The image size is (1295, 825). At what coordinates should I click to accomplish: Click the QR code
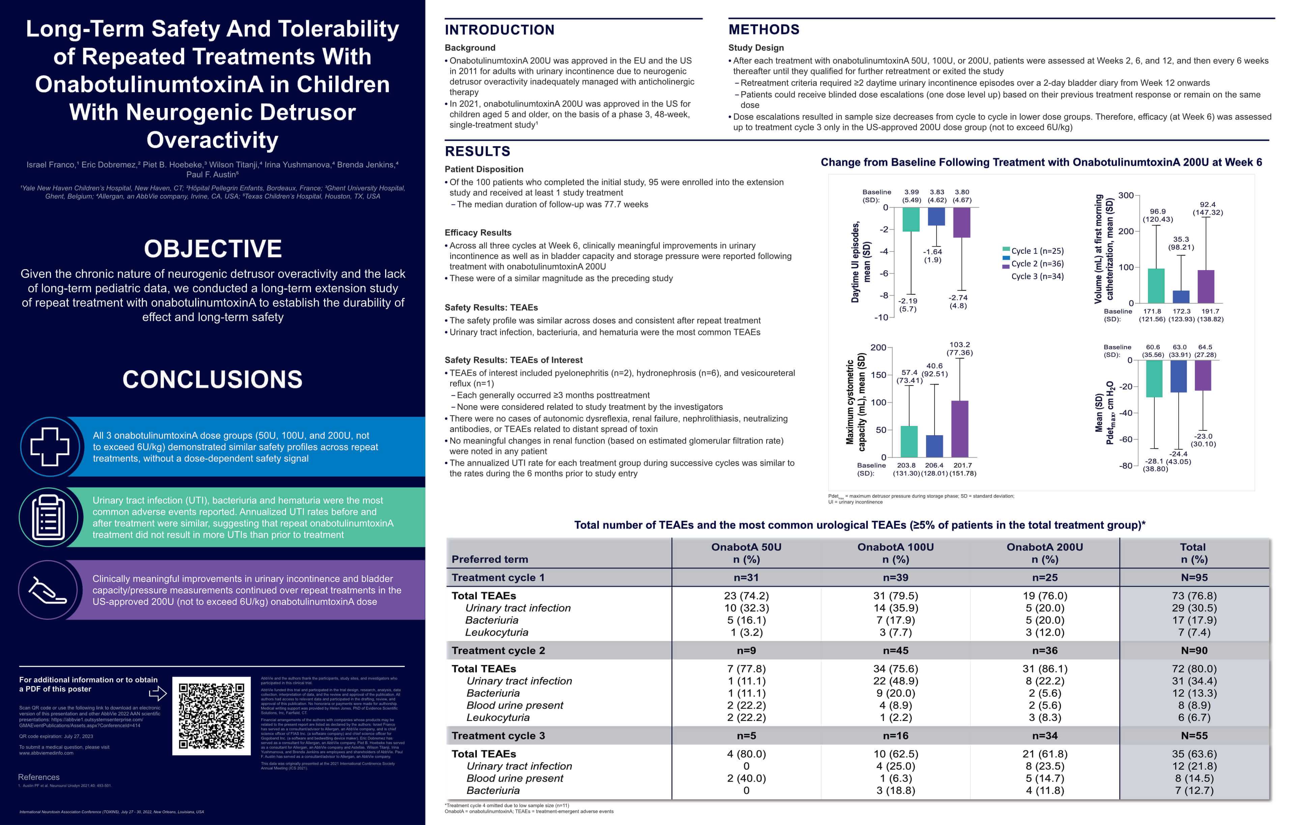211,716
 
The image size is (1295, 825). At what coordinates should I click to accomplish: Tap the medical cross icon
50,446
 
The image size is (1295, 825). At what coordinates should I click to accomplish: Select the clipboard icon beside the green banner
49,517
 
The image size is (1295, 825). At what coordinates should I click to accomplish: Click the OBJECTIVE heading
212,249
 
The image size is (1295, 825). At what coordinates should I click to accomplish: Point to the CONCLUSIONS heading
212,379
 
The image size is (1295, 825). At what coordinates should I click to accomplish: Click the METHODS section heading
764,30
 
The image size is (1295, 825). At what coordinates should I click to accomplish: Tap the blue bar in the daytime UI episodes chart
936,216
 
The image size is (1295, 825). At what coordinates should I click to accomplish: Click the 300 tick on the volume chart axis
1126,195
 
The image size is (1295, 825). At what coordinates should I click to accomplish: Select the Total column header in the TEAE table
1193,553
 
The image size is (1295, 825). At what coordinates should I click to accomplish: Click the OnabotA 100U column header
895,553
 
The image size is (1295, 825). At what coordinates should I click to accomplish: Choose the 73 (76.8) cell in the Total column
1194,596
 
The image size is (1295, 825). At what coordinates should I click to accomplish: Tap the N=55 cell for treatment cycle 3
1194,736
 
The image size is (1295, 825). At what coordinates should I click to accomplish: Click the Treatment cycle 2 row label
498,650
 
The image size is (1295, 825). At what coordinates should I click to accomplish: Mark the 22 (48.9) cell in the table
895,681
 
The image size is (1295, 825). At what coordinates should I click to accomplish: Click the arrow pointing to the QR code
157,693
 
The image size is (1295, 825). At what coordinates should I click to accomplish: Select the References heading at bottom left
39,777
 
